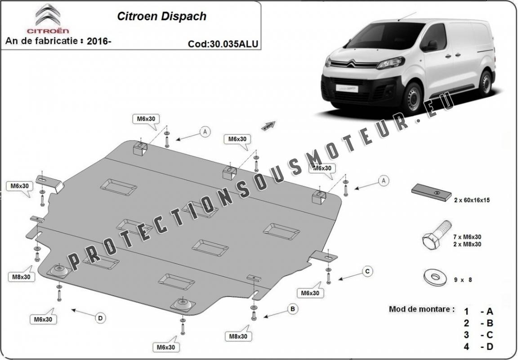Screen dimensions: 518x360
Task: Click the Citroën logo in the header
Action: [48, 18]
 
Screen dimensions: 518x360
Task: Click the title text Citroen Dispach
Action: [161, 16]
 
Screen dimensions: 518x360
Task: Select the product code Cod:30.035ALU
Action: [223, 44]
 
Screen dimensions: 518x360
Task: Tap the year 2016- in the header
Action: [99, 41]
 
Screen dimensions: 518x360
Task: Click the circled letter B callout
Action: [292, 309]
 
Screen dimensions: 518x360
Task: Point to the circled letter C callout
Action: [367, 271]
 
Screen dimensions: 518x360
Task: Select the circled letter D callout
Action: [100, 318]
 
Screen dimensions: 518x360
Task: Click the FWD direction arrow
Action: [268, 126]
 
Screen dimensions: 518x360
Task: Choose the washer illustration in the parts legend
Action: [435, 277]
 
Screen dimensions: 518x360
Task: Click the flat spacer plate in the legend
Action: [432, 192]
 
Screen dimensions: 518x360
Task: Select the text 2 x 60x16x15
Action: [472, 200]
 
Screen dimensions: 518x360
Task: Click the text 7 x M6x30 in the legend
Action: [468, 237]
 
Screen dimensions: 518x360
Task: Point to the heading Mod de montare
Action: [421, 310]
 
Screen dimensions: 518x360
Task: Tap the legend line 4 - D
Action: [478, 347]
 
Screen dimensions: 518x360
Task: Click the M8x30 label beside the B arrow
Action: [238, 337]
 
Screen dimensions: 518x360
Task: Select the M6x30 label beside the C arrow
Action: [310, 293]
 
